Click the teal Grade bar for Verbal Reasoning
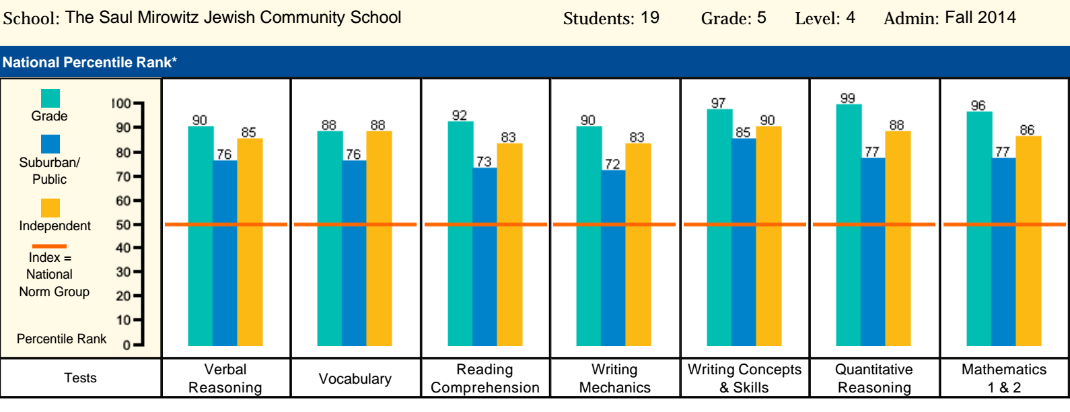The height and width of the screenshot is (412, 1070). (x=201, y=236)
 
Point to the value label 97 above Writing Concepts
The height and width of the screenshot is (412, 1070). (x=718, y=103)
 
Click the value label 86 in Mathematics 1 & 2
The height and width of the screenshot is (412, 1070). (x=1027, y=130)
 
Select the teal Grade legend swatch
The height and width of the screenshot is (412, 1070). (x=50, y=98)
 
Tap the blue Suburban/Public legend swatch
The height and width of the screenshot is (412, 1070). (x=50, y=144)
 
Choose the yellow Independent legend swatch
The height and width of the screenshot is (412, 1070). (x=50, y=207)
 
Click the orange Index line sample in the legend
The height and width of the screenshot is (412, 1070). (x=50, y=246)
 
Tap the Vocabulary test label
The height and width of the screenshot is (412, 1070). (x=355, y=379)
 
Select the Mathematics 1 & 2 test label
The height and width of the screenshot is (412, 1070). (x=1004, y=378)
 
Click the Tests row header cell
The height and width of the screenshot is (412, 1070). (x=81, y=378)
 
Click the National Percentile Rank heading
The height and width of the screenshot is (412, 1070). (x=90, y=63)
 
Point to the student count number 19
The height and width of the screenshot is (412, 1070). (x=649, y=18)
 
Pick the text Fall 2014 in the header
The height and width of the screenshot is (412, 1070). (x=980, y=18)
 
